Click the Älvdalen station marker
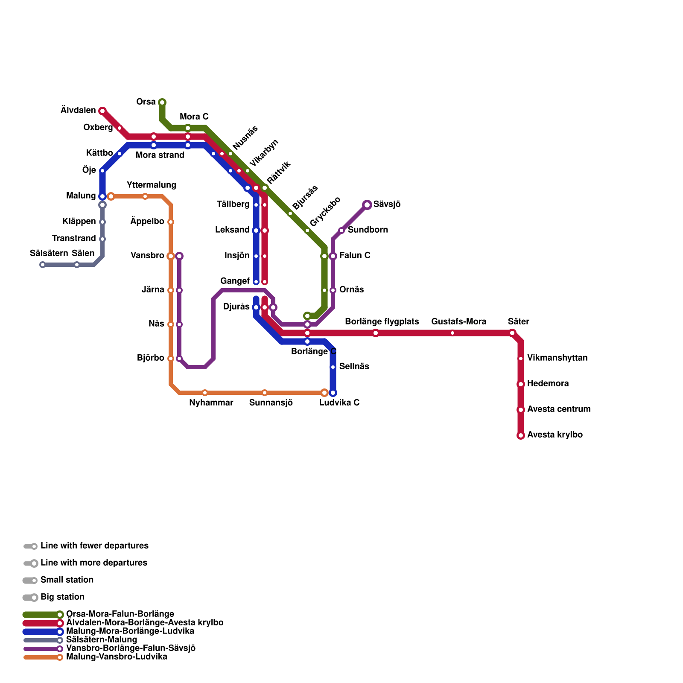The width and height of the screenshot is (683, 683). point(102,111)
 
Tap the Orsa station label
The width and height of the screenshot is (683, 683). point(146,102)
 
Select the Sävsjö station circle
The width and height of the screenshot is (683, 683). point(367,205)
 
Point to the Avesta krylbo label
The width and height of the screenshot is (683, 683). point(555,435)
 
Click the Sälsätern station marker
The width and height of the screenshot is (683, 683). point(43,265)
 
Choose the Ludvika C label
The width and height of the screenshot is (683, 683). point(339,403)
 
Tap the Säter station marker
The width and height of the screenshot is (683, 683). point(512,333)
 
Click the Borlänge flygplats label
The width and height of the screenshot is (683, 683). point(382,321)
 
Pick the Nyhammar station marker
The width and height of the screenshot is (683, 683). point(205,393)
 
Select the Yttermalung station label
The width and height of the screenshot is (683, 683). point(152,185)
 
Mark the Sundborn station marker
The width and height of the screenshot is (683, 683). point(341,231)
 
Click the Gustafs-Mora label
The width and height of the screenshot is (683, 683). point(458,321)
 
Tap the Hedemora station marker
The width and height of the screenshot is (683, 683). point(521,384)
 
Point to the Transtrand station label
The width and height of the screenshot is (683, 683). point(74,238)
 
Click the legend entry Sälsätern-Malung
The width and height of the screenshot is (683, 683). point(102,640)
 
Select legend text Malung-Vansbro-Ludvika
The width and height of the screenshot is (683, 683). point(117,657)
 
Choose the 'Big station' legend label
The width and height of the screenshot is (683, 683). point(62,597)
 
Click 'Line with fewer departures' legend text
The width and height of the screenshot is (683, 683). point(94,546)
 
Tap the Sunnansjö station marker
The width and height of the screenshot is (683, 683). point(265,393)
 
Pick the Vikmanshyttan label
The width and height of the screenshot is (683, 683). point(557,358)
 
